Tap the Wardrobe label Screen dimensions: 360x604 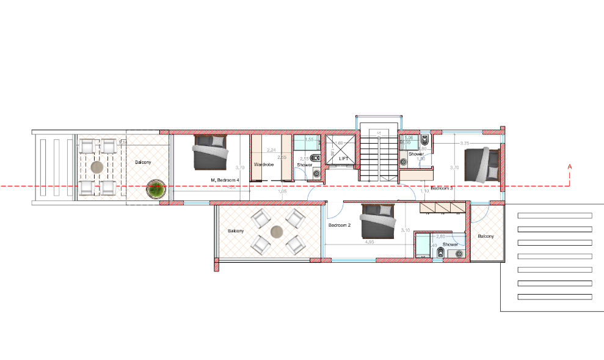click(x=263, y=164)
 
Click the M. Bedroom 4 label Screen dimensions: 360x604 click(x=225, y=180)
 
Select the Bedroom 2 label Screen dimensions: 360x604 click(x=340, y=225)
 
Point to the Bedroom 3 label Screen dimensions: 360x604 click(x=441, y=188)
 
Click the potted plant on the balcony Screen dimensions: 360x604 click(x=156, y=189)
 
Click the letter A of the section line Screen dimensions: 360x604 click(x=569, y=166)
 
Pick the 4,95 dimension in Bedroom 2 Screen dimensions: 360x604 click(x=369, y=243)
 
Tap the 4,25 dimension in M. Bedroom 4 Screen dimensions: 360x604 click(x=231, y=188)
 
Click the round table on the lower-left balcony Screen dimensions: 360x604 click(x=277, y=232)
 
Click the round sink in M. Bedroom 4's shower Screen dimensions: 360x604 click(x=316, y=174)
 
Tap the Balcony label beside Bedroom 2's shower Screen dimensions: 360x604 click(x=486, y=236)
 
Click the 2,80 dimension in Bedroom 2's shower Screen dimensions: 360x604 click(x=441, y=236)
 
